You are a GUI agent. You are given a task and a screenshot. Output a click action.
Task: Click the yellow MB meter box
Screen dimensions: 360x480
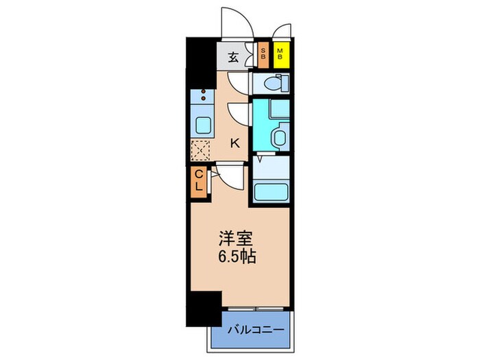[x=280, y=54]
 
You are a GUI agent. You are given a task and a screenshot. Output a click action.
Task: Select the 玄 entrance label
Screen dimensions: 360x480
[x=233, y=56]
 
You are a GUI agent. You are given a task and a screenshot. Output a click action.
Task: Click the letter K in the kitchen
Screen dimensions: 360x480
[x=234, y=143]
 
